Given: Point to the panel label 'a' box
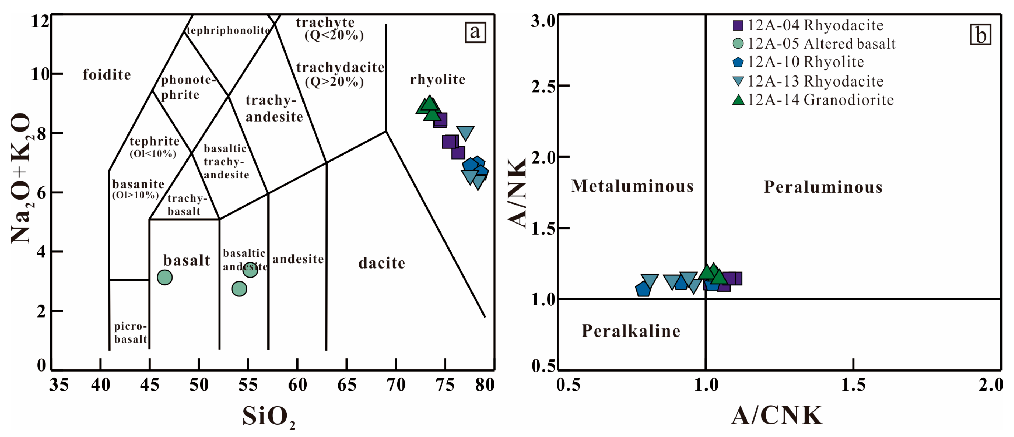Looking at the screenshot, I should click(475, 32).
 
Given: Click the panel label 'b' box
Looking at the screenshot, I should click(980, 35).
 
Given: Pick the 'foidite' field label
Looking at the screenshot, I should click(107, 75).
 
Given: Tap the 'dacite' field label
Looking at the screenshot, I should click(382, 263).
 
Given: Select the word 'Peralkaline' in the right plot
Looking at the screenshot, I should click(631, 331).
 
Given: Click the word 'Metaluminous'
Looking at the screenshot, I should click(632, 186).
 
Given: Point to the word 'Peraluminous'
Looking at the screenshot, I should click(823, 187).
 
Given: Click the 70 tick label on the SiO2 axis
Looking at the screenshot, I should click(396, 385).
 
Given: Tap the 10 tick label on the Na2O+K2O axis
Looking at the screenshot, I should click(40, 74).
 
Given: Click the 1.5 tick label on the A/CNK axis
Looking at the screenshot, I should click(853, 385).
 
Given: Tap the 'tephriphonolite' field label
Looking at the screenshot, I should click(228, 31).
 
